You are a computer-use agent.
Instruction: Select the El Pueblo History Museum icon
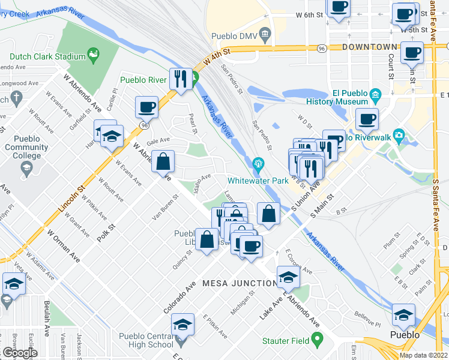tap(375, 94)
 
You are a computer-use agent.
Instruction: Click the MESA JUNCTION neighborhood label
tap(240, 283)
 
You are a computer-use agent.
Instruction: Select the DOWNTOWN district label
tap(369, 47)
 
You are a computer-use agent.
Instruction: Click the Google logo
tap(19, 353)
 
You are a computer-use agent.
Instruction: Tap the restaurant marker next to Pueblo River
tap(180, 78)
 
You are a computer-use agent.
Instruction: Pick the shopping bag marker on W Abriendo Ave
tap(163, 161)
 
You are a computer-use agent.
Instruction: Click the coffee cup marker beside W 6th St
tap(339, 8)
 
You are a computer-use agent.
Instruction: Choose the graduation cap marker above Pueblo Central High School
tap(183, 325)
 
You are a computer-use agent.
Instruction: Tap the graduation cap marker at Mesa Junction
tap(289, 277)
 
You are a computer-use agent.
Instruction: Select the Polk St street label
tap(106, 231)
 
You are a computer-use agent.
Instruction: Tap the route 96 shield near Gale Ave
tap(144, 125)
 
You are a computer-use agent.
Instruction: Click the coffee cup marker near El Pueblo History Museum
tap(367, 118)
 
